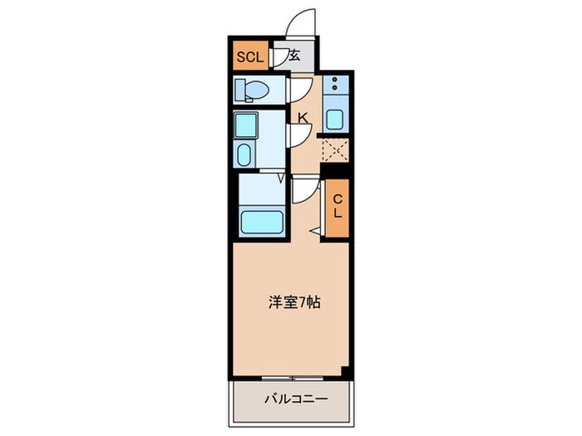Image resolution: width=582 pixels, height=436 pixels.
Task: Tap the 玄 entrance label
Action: click(x=294, y=56)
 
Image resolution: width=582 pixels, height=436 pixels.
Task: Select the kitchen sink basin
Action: click(x=334, y=118)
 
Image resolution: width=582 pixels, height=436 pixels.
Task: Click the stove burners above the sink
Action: click(x=334, y=85)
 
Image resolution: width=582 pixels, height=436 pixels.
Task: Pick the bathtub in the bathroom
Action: click(x=261, y=221)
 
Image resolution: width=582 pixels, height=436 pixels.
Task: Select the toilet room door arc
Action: click(x=298, y=89)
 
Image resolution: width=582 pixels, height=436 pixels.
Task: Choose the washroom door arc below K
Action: click(x=298, y=135)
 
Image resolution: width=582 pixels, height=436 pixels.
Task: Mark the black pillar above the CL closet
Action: click(x=335, y=171)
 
